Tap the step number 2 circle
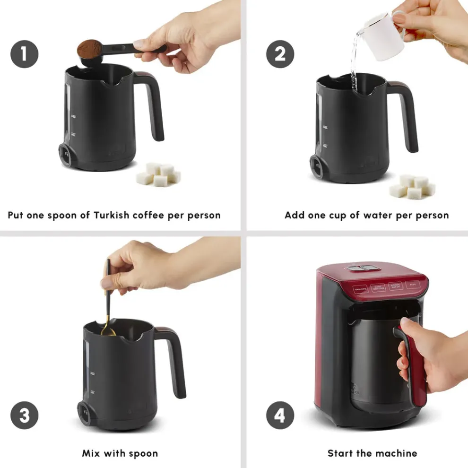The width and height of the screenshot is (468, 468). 280,54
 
